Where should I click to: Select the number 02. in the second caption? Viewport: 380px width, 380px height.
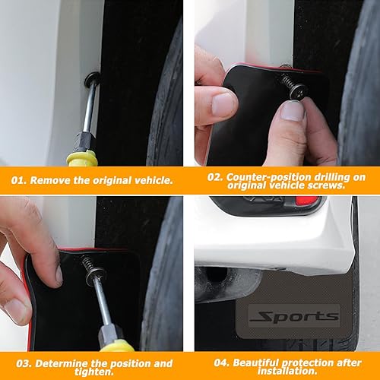point(214,176)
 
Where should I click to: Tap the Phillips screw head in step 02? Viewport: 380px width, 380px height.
point(295,90)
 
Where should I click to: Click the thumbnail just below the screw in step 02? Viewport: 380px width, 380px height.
point(291,112)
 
